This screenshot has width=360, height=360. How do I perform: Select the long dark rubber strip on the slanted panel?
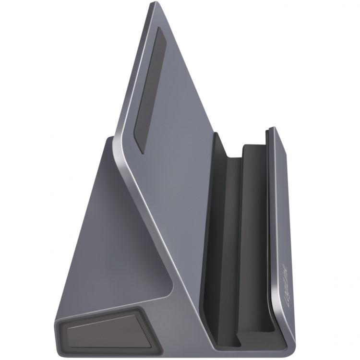click(x=149, y=89)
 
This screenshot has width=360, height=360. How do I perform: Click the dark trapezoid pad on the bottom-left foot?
click(x=101, y=331)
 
